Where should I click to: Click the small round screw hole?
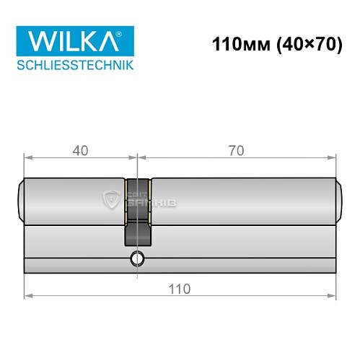pos(137,258)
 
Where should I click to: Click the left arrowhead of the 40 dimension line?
pos(27,157)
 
